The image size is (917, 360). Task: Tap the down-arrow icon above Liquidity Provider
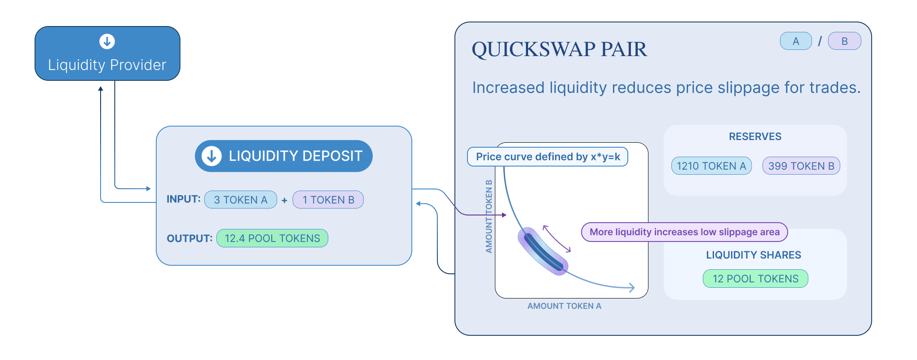point(107,42)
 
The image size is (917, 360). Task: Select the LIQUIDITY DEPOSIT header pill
point(283,156)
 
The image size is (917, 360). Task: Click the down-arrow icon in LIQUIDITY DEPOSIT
point(212,156)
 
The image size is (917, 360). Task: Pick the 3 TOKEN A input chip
point(241,200)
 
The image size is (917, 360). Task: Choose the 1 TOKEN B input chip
point(328,200)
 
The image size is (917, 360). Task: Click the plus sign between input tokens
point(284,201)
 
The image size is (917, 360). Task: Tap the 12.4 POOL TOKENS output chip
point(272,238)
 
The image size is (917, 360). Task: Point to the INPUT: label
point(183,199)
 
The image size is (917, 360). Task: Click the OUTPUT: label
point(190,238)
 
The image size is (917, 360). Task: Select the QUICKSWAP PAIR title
point(559,49)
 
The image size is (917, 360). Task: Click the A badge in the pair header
point(796,41)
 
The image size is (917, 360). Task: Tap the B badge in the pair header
point(844,41)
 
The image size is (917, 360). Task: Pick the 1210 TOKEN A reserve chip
point(711,166)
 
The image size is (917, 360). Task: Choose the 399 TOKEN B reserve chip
point(801,166)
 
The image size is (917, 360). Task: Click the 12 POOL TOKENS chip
point(755,279)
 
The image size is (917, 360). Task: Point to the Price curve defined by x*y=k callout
point(547,157)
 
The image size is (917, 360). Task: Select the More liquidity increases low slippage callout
point(684,232)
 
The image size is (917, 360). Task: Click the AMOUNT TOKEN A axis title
point(564,306)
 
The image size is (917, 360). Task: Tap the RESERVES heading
point(755,136)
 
